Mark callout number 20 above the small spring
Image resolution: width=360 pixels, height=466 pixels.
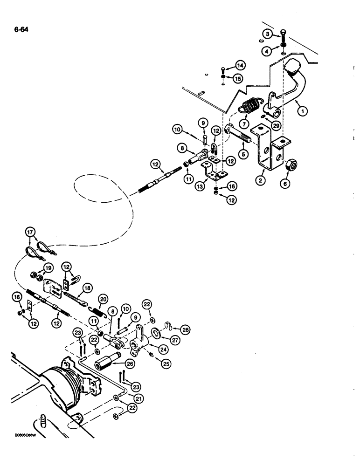coord(103,299)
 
